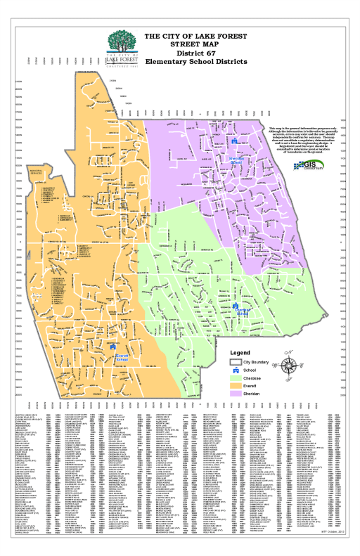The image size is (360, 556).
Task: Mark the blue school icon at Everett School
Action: pos(113,347)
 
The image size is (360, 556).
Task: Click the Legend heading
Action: pos(240,351)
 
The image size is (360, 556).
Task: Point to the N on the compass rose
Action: pos(288,350)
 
